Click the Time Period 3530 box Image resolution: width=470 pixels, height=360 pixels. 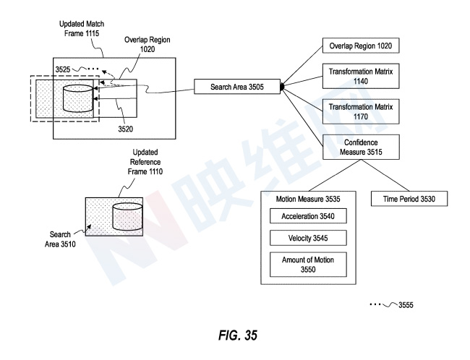tap(407, 197)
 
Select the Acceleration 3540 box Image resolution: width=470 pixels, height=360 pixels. tap(309, 215)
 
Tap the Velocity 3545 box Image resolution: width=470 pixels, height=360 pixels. tap(309, 237)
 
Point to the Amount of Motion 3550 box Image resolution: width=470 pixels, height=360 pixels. tap(309, 263)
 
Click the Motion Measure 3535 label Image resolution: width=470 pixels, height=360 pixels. tap(309, 197)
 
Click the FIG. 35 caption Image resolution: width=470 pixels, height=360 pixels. tap(235, 335)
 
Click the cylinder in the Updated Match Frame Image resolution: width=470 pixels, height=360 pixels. tap(78, 98)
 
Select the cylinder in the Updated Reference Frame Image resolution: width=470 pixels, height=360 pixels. tap(128, 215)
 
